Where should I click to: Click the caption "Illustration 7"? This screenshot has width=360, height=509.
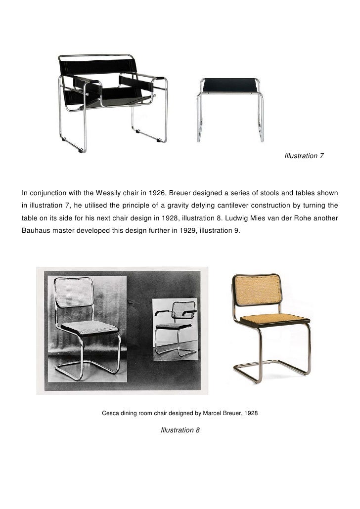pos(304,156)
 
